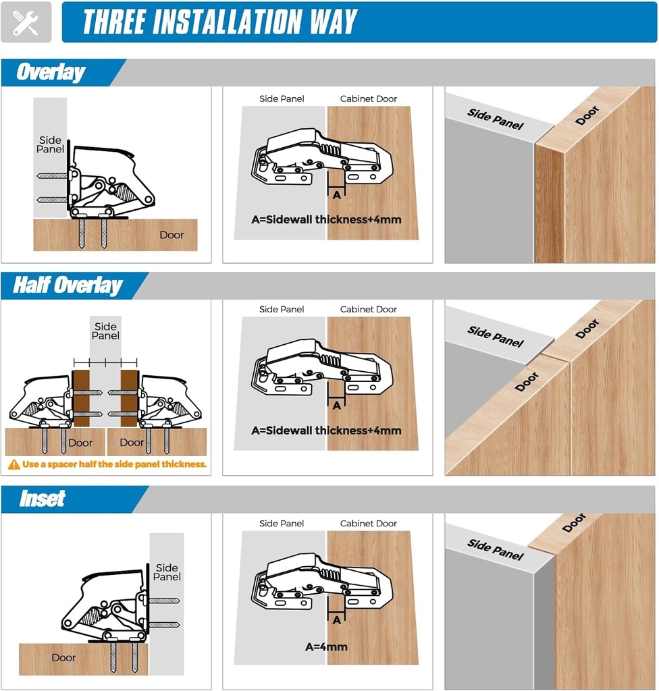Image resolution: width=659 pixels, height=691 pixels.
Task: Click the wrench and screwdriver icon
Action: (x=26, y=22)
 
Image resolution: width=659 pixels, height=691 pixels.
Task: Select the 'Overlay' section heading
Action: (x=51, y=72)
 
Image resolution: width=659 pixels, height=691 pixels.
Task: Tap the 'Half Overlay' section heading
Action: (x=68, y=285)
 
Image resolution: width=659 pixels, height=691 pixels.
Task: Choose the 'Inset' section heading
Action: (x=42, y=499)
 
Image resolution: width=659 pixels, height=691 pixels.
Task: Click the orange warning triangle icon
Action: (x=14, y=464)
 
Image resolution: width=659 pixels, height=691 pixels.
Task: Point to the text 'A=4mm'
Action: (x=326, y=646)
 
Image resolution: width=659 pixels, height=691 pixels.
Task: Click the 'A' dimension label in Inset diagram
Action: (x=336, y=619)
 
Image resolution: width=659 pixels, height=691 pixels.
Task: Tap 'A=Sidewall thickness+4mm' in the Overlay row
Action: (x=326, y=219)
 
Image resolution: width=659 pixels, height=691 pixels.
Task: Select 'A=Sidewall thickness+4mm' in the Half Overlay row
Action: (x=326, y=431)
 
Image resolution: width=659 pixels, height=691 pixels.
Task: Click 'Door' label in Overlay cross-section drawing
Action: (x=172, y=235)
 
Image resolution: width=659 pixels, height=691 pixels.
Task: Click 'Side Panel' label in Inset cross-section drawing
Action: (x=166, y=572)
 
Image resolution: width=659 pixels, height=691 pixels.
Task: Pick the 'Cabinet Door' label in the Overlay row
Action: (x=368, y=99)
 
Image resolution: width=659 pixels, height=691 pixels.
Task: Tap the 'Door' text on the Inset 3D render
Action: (x=573, y=522)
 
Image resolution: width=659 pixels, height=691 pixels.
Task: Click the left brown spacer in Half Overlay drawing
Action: (x=81, y=398)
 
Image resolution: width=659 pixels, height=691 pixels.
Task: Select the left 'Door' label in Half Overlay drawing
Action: (x=80, y=443)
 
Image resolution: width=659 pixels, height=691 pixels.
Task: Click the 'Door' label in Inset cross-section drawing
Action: (x=63, y=657)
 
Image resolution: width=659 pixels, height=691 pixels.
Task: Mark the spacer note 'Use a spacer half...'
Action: (x=114, y=464)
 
